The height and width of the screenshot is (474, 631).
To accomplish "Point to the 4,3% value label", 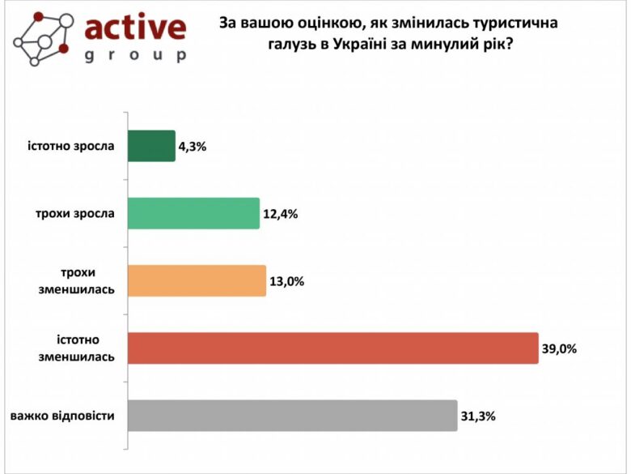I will (x=193, y=147).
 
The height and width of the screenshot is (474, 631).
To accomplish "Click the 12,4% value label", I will (x=281, y=215).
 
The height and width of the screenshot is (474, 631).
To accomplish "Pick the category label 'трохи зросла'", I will (x=75, y=214).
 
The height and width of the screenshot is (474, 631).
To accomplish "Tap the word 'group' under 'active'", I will (x=135, y=56).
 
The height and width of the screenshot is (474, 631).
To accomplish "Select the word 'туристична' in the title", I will (x=517, y=24).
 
